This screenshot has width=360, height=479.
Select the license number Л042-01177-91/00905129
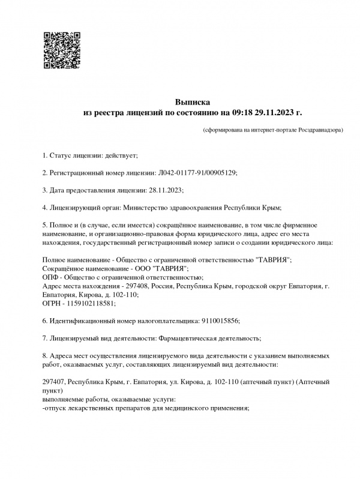[x=197, y=173]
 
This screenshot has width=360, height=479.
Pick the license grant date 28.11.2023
[x=164, y=190]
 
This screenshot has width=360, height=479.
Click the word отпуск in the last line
[x=56, y=408]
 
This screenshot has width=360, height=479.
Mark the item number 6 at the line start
[x=44, y=321]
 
